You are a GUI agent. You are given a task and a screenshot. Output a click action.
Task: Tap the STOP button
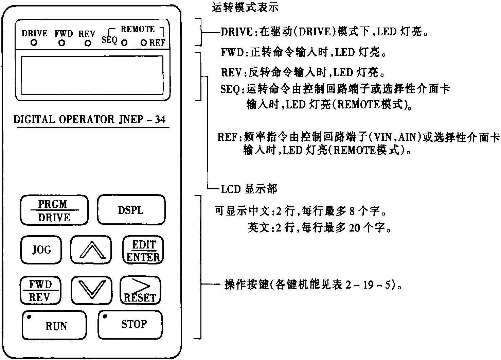130,324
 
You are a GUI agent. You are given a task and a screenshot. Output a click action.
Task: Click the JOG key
41,250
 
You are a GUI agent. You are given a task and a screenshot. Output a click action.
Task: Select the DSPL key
131,210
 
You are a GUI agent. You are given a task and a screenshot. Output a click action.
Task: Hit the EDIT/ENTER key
143,251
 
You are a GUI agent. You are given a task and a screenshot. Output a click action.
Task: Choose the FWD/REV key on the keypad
40,291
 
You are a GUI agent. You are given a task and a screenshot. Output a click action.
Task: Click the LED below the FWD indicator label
61,43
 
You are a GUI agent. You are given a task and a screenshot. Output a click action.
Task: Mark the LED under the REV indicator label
88,43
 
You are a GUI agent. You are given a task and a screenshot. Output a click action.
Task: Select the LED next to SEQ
124,43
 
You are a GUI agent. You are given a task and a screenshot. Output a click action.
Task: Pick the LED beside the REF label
144,43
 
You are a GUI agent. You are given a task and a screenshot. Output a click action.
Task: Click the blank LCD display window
92,75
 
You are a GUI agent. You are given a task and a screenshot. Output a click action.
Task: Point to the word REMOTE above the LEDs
138,30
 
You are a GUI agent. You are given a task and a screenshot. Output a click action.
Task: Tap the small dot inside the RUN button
29,316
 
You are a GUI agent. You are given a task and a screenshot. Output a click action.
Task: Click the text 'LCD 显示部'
249,189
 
